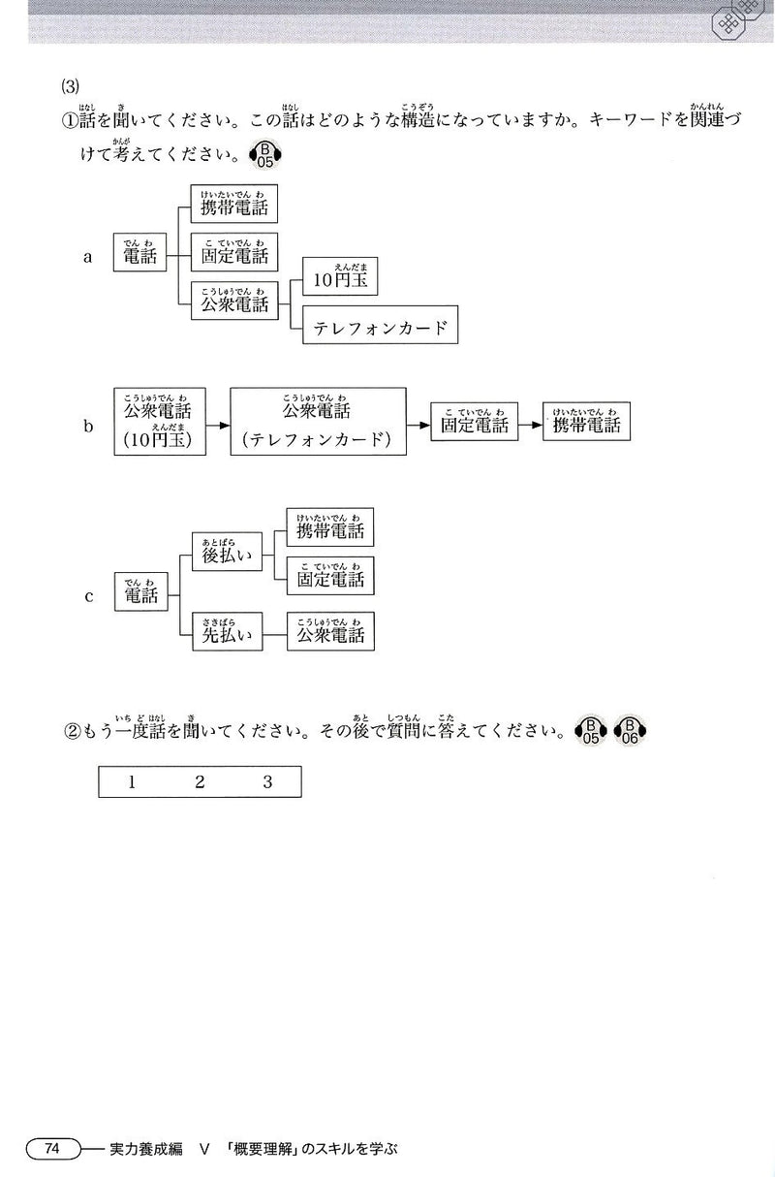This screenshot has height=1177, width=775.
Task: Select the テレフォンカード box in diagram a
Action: tap(380, 327)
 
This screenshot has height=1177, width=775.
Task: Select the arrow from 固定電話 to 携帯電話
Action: tap(528, 426)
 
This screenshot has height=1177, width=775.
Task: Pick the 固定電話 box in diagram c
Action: tap(330, 576)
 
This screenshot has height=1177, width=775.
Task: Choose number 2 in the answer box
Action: tap(200, 782)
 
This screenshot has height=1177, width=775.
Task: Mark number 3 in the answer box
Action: tap(267, 782)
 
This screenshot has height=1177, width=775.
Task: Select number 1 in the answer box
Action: tap(132, 782)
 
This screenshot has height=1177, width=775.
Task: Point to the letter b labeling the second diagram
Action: tap(88, 425)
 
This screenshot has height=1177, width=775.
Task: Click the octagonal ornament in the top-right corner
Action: tap(740, 18)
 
